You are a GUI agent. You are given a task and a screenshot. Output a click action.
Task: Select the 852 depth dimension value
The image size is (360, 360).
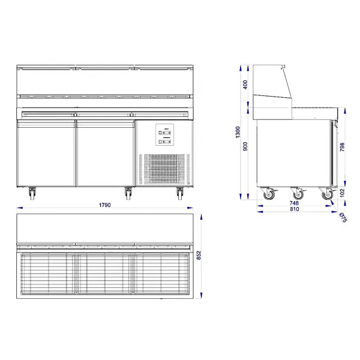pyautogui.click(x=199, y=256)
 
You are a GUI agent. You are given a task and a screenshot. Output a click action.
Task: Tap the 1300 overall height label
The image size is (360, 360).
pyautogui.click(x=238, y=131)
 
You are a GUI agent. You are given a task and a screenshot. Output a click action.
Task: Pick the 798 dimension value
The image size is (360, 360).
pyautogui.click(x=342, y=148)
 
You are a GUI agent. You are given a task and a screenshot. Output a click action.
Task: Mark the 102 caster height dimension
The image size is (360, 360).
pyautogui.click(x=342, y=193)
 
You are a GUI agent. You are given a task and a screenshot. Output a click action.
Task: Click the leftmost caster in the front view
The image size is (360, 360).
pyautogui.click(x=31, y=193)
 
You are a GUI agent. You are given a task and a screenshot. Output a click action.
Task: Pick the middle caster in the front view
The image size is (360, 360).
pyautogui.click(x=128, y=193)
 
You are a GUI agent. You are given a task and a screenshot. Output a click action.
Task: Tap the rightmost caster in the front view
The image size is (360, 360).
pyautogui.click(x=180, y=193)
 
